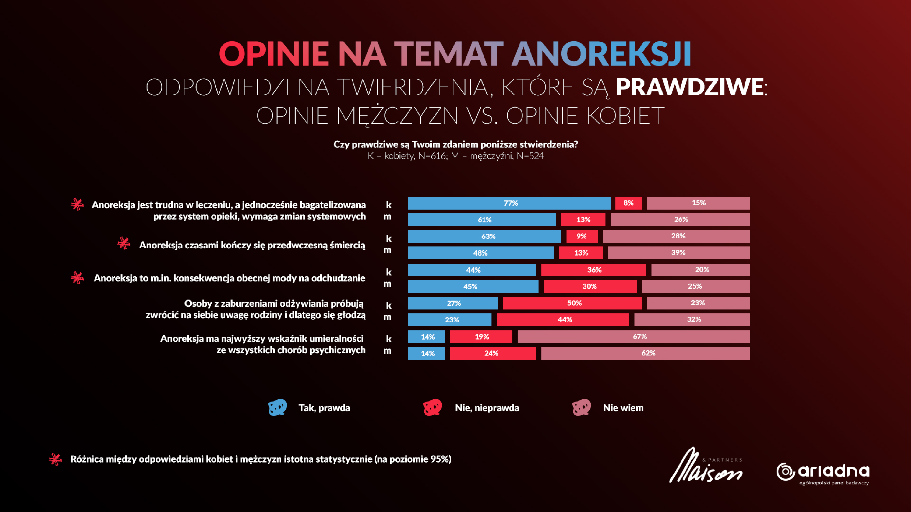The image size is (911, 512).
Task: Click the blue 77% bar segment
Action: [509, 203]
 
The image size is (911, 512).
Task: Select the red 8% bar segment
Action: [628, 203]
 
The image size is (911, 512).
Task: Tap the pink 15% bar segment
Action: [698, 203]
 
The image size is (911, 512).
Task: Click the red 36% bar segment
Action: [594, 270]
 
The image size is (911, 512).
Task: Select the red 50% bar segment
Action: [572, 303]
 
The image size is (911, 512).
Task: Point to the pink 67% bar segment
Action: [633, 337]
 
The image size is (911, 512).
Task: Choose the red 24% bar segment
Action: [493, 353]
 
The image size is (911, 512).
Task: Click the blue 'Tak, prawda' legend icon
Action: [278, 407]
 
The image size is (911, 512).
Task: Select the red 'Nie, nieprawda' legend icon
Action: [432, 407]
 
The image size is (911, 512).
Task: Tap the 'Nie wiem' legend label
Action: [623, 408]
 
